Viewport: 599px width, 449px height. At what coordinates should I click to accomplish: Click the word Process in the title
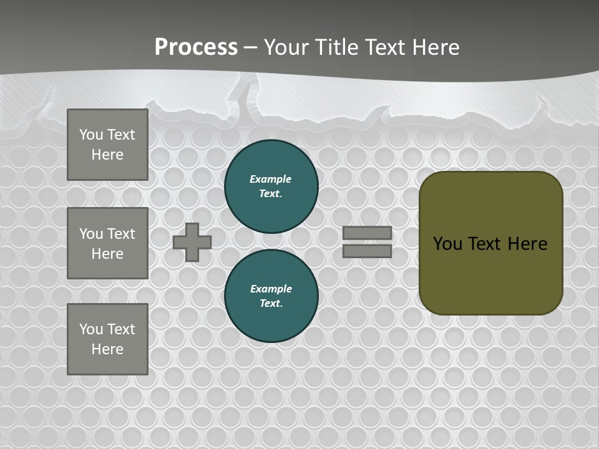196,47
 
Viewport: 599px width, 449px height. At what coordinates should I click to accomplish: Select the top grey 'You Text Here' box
107,145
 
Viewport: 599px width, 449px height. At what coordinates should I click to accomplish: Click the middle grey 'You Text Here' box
107,243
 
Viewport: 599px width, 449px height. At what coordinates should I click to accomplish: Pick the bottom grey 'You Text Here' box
107,339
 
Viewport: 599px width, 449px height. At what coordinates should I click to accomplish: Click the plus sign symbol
192,242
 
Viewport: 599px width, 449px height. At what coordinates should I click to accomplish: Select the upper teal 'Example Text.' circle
271,186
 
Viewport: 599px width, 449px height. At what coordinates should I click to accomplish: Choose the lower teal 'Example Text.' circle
271,296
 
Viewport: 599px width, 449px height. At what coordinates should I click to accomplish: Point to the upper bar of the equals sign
367,233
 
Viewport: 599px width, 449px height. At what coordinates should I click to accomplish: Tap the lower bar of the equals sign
367,251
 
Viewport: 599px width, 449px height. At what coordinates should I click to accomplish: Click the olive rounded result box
491,274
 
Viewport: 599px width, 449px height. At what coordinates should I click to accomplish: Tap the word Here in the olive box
527,243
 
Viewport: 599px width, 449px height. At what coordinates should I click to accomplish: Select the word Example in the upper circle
270,179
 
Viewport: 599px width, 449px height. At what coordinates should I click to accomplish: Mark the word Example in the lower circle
271,289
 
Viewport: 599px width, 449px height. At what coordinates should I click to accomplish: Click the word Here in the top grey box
107,155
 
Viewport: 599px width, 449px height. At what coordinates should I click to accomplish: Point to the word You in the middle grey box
90,234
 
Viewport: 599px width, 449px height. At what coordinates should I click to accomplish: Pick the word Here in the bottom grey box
107,349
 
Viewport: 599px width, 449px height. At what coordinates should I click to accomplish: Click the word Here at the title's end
437,47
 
